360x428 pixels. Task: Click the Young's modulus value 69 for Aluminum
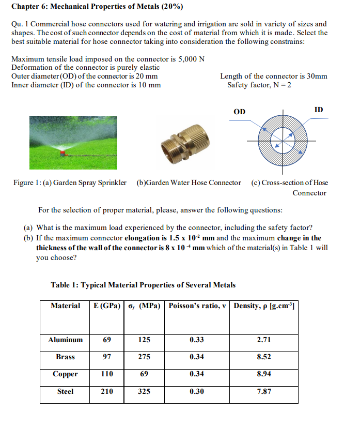tap(106, 340)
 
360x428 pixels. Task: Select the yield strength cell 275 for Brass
tap(144, 357)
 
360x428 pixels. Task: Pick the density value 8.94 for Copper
tap(264, 374)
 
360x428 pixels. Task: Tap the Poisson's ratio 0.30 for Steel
tap(196, 391)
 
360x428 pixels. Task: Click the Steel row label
tap(65, 391)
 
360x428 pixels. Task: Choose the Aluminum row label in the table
tap(65, 340)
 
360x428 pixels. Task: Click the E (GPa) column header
tap(106, 305)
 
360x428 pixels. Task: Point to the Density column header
tap(264, 305)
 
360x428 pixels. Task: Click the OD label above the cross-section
tap(240, 112)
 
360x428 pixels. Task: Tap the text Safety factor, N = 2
tap(259, 85)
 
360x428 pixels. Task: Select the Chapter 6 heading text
tap(97, 7)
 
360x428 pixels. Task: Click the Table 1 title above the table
tap(143, 285)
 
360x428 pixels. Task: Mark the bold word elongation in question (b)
tap(146, 238)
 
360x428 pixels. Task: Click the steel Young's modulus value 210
tap(106, 391)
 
